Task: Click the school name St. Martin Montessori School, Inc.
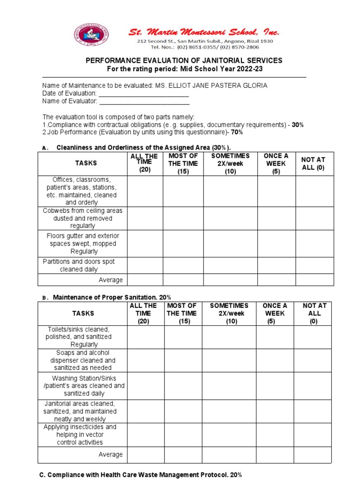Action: (x=204, y=32)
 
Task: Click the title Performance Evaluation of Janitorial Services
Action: (x=183, y=60)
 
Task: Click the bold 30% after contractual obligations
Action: (x=297, y=125)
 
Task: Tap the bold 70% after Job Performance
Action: (x=236, y=133)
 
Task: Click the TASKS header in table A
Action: (x=82, y=163)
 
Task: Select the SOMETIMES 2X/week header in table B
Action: (x=229, y=313)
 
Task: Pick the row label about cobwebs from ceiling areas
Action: (x=82, y=218)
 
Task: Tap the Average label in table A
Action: (x=111, y=280)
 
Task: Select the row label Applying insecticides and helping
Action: (x=80, y=435)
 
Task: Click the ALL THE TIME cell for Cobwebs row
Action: (x=145, y=218)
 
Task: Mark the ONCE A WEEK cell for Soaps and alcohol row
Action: (x=274, y=360)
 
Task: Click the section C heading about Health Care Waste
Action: (x=141, y=475)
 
